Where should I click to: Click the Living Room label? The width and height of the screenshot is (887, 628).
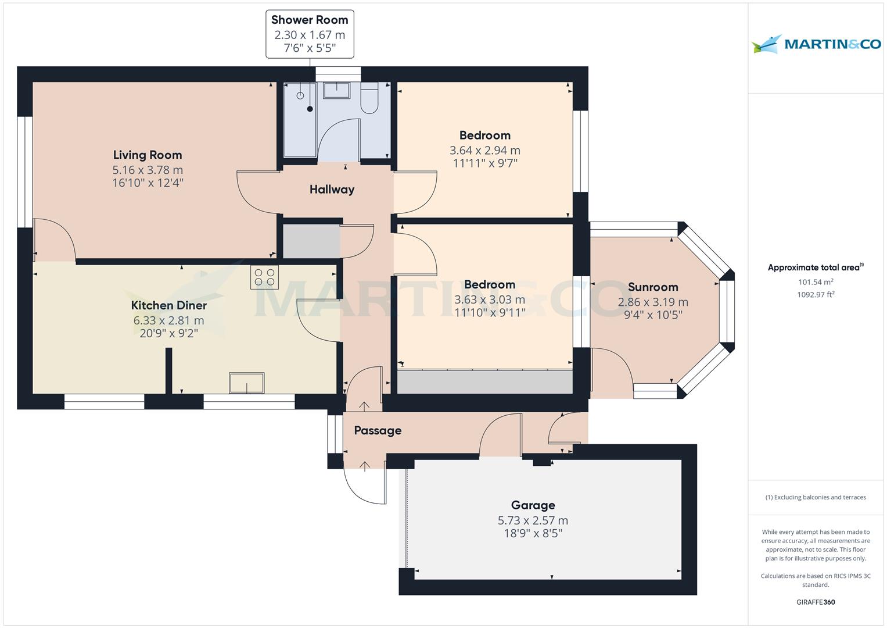[x=148, y=155]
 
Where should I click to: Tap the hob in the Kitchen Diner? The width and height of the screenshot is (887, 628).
[x=264, y=277]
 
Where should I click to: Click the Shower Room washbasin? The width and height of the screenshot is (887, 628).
[x=336, y=90]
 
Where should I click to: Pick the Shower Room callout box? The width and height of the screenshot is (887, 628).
[x=310, y=34]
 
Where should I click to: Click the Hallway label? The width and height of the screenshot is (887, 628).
[x=332, y=190]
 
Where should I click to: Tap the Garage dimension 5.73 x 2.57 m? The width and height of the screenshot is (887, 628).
[x=533, y=520]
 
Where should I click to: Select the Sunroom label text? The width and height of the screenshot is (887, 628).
[x=653, y=287]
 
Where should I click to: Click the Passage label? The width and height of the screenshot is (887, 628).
[x=378, y=430]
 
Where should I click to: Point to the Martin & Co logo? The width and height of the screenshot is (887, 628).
[x=816, y=44]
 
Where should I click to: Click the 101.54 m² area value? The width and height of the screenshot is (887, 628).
[x=816, y=282]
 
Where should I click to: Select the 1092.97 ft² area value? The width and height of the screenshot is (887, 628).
[x=816, y=294]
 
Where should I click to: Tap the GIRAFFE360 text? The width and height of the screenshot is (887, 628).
[x=816, y=602]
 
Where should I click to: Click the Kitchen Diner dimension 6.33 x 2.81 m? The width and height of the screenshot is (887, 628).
[x=168, y=320]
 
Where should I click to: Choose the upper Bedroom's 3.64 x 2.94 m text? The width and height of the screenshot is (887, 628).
[x=484, y=151]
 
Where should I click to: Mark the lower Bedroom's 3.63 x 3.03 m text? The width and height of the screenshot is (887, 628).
[x=489, y=300]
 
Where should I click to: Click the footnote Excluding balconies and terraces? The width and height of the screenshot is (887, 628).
[x=816, y=497]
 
